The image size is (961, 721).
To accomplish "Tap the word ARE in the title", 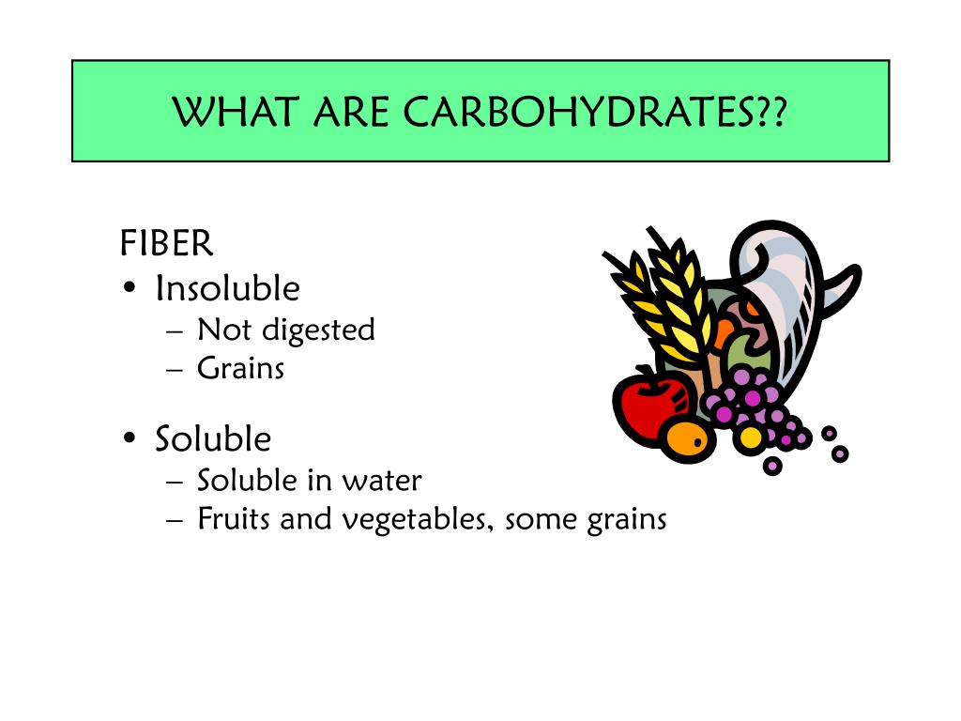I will coord(350,114).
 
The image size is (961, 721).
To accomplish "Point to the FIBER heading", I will coord(166,244).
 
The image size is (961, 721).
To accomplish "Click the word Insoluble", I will coord(227,288).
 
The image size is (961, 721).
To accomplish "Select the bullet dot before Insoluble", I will coord(130,289).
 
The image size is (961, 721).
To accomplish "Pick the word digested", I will coord(318,330).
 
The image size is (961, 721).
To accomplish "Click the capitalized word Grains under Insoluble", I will coord(240,368).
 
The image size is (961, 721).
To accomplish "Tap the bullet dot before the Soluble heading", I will coord(130,439).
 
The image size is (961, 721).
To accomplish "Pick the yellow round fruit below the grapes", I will coord(751,437).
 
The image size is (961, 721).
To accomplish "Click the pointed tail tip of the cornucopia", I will coord(855,270).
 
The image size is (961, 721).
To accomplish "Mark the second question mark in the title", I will coord(776,114).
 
